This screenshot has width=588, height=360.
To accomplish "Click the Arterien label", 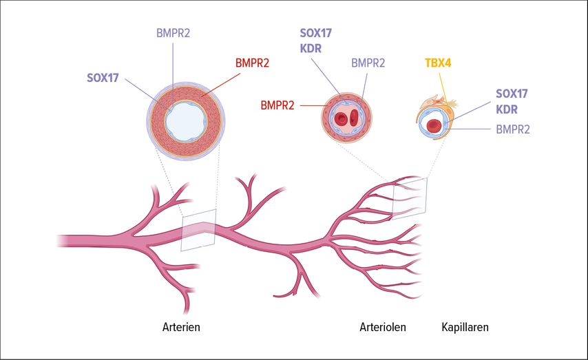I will [181, 327].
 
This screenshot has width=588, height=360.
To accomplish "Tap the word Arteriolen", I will [383, 327].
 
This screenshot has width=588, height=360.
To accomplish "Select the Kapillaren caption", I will [465, 327].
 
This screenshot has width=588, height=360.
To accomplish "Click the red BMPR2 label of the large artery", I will [252, 63].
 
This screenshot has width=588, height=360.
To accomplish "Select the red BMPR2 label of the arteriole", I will [277, 105].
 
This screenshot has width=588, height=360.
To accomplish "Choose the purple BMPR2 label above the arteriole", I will [368, 63].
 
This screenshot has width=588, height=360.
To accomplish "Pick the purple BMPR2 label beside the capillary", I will [513, 129].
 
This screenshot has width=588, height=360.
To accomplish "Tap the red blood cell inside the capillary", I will [434, 125].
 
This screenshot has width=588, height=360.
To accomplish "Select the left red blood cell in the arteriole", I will [341, 119].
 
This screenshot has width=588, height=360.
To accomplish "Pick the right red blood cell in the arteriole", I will [354, 117].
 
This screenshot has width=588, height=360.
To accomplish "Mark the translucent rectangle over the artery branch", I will [199, 229].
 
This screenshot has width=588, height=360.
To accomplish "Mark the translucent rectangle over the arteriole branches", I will [410, 198].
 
